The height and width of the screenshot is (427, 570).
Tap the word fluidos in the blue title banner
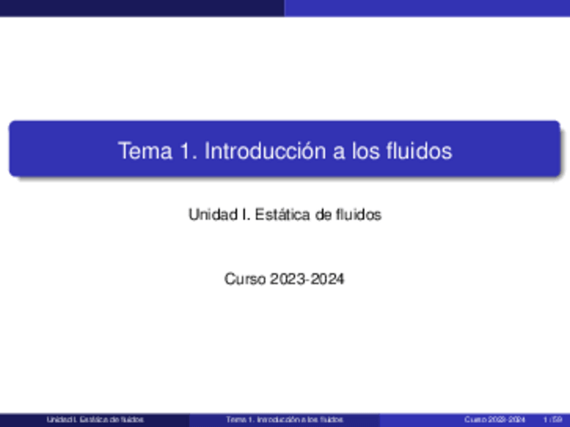tap(420, 151)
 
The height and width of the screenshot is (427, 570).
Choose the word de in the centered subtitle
tap(320, 215)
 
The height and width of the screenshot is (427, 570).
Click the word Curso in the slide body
tap(245, 279)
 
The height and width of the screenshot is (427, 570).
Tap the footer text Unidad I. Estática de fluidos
tap(95, 420)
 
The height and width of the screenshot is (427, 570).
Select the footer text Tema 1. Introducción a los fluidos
tap(285, 420)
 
